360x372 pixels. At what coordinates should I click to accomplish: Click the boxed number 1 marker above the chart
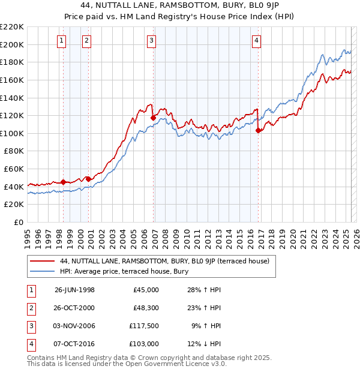coord(62,41)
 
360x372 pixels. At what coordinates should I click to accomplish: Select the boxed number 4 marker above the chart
coord(256,41)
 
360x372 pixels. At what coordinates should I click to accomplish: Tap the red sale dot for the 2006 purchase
coord(153,118)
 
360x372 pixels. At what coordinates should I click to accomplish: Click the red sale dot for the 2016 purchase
coord(258,130)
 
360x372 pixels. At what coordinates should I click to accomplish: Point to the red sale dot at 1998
coord(64,182)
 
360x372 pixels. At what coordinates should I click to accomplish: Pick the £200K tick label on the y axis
coord(12,44)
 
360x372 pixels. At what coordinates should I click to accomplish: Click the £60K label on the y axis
coord(14,169)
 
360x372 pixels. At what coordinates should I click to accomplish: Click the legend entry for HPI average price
coord(124,271)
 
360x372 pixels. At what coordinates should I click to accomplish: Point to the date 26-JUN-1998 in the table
coord(74,290)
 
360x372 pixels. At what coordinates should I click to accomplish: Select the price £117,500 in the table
coord(143,326)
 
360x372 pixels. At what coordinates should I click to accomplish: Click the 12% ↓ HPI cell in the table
coord(204,344)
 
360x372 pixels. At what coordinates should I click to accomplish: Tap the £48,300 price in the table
coord(146,308)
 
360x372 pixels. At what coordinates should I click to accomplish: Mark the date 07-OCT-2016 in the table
coord(74,344)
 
